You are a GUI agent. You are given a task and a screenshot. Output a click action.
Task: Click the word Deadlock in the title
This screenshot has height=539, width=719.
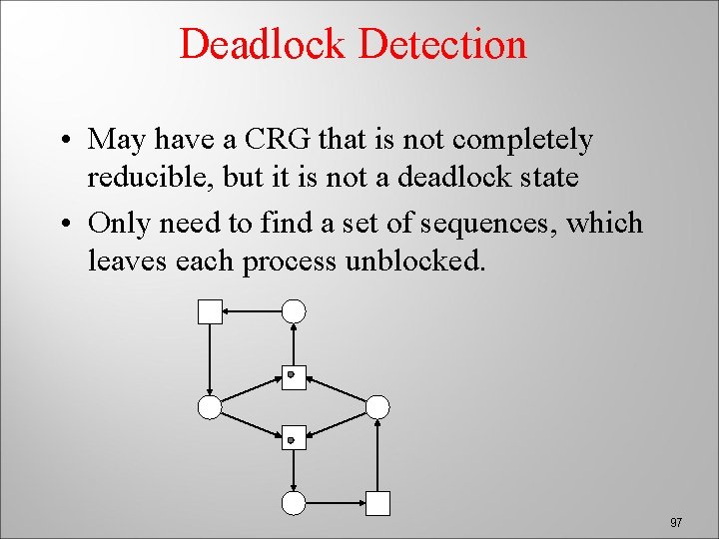(x=264, y=44)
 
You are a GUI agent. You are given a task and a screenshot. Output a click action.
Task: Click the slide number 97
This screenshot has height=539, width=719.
(x=676, y=522)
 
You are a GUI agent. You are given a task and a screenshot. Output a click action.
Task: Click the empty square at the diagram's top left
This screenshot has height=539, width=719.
(x=210, y=311)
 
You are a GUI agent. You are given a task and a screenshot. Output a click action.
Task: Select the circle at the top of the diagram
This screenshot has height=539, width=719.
(x=294, y=311)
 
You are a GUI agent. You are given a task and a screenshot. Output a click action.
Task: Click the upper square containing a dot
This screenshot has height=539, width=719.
(x=294, y=376)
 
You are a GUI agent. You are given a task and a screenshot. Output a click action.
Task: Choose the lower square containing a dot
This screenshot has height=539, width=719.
(x=294, y=438)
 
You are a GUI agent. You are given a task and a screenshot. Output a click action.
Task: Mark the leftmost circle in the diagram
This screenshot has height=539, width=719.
(x=210, y=406)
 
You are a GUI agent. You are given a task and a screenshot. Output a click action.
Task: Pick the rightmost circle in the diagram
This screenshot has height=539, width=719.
(x=377, y=406)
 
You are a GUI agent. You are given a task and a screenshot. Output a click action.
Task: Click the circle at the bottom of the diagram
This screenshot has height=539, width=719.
(x=294, y=503)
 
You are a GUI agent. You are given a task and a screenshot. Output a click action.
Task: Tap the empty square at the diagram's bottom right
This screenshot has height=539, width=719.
(x=377, y=503)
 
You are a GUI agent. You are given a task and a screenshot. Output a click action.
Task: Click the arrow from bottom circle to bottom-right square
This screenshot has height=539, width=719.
(x=336, y=503)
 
